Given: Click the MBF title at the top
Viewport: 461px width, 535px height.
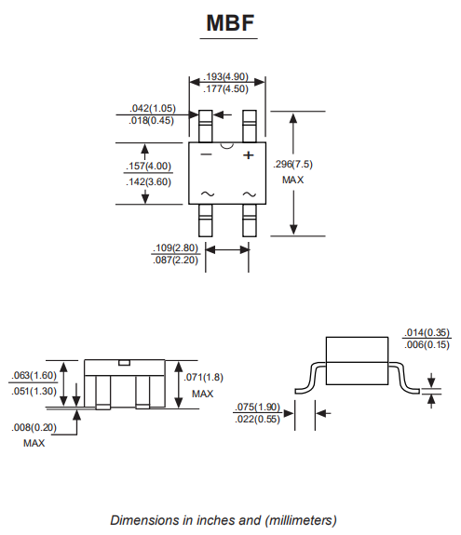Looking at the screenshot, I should [x=229, y=24].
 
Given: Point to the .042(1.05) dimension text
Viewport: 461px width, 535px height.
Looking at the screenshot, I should [x=153, y=109].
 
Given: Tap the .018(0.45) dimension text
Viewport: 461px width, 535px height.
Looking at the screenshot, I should [x=153, y=122].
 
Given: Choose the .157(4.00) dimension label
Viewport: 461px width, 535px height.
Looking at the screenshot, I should [x=148, y=167].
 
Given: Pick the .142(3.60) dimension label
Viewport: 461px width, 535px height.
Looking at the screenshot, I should [x=148, y=181].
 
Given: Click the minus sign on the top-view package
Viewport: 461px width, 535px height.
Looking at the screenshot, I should [x=206, y=155].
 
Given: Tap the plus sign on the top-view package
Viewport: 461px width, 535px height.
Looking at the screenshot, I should [x=250, y=155].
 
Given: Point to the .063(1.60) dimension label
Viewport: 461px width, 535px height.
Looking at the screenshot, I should [x=34, y=375].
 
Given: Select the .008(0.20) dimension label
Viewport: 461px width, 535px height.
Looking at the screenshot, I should [x=34, y=429].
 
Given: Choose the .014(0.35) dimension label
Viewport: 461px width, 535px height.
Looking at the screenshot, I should [x=427, y=332].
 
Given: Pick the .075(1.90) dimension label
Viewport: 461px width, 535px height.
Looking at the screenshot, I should [x=257, y=407].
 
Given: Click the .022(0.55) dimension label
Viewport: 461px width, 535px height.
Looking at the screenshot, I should [x=257, y=420].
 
